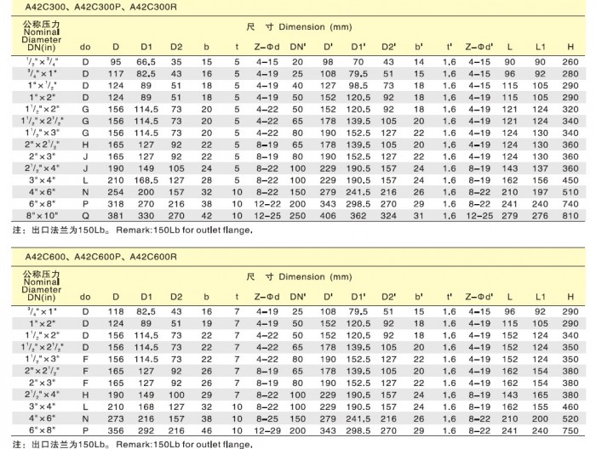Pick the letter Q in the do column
coord(84,217)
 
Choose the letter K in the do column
coord(84,169)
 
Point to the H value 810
coord(570,217)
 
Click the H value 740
coord(570,205)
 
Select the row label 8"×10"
coord(43,217)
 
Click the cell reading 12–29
coord(268,432)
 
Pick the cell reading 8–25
coord(268,420)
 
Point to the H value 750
coord(570,432)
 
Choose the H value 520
coord(570,420)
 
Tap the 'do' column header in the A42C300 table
coord(84,46)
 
